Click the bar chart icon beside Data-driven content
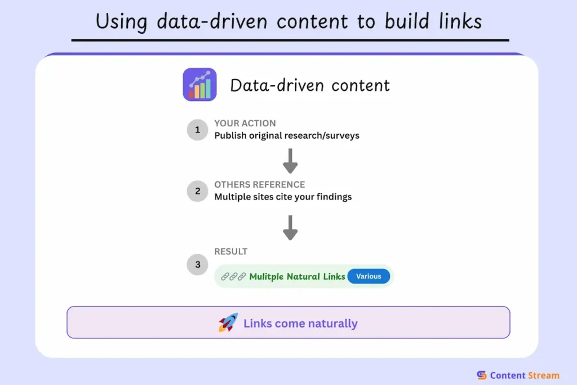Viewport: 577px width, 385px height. click(199, 85)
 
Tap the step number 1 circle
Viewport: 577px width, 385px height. click(197, 130)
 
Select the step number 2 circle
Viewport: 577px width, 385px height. click(197, 191)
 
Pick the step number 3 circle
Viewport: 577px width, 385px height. click(197, 264)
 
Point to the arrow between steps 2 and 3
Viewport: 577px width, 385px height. click(290, 227)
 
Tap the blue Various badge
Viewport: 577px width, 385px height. click(369, 276)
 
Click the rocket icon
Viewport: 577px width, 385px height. click(228, 323)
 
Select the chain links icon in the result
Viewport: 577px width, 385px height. click(233, 277)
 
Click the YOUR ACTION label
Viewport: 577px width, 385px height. click(245, 123)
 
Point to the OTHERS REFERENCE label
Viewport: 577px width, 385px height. click(259, 185)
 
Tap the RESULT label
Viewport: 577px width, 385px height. click(230, 251)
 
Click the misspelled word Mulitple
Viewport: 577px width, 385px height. click(268, 277)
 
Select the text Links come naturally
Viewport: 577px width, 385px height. click(300, 324)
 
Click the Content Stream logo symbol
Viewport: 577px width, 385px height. click(481, 375)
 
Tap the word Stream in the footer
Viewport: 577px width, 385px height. click(543, 375)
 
